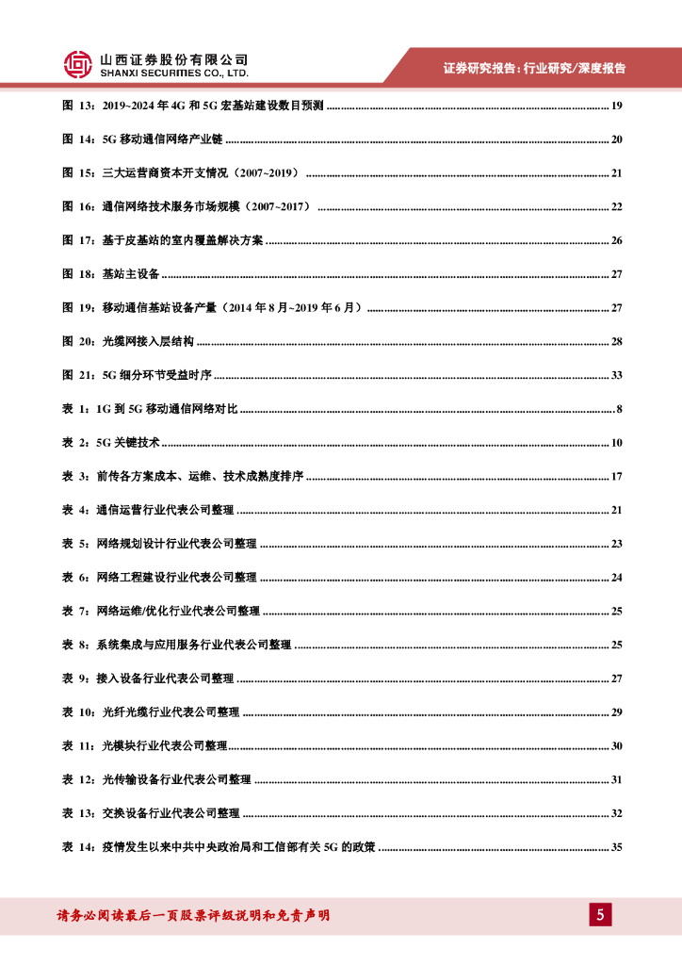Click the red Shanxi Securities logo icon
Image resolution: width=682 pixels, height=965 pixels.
pyautogui.click(x=77, y=64)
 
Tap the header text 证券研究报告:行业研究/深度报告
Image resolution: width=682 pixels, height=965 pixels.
pyautogui.click(x=534, y=68)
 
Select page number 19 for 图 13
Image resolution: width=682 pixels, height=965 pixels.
pyautogui.click(x=617, y=106)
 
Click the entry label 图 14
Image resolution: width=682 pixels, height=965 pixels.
pyautogui.click(x=78, y=139)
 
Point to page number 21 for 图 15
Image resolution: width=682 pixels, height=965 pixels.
pyautogui.click(x=617, y=173)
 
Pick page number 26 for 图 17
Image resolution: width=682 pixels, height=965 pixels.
pyautogui.click(x=617, y=240)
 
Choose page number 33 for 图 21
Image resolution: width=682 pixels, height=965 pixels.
pyautogui.click(x=617, y=375)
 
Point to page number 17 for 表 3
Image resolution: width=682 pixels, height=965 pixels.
pyautogui.click(x=617, y=477)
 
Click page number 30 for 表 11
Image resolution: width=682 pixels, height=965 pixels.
pyautogui.click(x=617, y=746)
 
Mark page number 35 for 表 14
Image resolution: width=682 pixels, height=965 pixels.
pyautogui.click(x=617, y=847)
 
